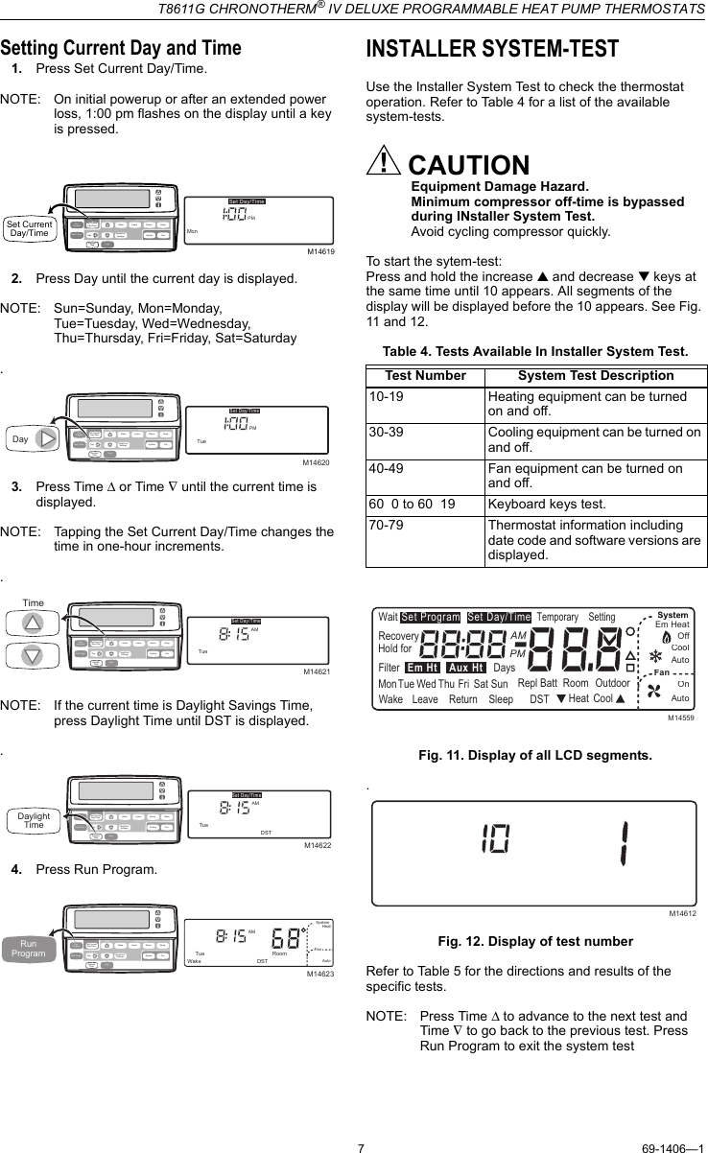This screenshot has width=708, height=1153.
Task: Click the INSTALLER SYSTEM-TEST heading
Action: (492, 50)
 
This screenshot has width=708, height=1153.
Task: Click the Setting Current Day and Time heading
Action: (121, 48)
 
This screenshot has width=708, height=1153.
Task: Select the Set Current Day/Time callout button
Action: (29, 228)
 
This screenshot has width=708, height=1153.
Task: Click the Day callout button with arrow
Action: (34, 439)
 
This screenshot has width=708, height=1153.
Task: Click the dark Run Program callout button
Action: (29, 948)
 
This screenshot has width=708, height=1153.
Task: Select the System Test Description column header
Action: (596, 375)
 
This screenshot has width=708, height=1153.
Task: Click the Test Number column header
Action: (425, 375)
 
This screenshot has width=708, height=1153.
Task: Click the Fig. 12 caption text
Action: (535, 941)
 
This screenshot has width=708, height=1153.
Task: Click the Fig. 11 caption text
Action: (535, 756)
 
